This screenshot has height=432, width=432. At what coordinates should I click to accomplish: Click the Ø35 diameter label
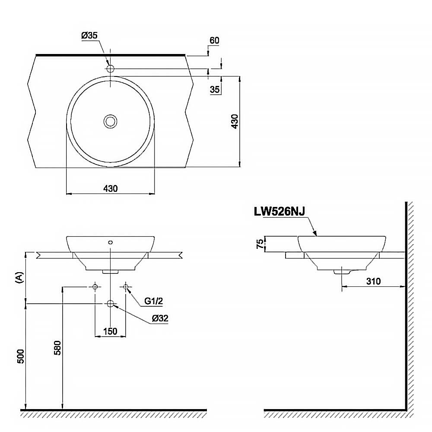click(89, 36)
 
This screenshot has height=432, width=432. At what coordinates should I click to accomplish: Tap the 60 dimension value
click(214, 41)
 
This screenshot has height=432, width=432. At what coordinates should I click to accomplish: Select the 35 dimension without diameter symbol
click(215, 90)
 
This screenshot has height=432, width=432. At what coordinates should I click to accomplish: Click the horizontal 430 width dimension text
click(110, 188)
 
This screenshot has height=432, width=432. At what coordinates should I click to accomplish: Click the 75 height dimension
click(259, 244)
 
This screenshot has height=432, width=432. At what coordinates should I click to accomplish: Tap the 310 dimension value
click(373, 281)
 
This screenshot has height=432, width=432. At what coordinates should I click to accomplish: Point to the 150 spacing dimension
click(110, 331)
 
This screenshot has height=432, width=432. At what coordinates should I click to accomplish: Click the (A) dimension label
click(19, 277)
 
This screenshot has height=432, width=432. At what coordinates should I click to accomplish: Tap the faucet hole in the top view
click(110, 68)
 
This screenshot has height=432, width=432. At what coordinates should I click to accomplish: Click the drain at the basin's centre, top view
click(111, 121)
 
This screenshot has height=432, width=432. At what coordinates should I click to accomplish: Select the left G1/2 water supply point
click(95, 286)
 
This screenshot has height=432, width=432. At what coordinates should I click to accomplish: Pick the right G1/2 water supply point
click(126, 286)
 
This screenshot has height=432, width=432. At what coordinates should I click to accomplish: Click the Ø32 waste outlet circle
click(111, 304)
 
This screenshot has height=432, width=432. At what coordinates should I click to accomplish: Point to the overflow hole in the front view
click(111, 242)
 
